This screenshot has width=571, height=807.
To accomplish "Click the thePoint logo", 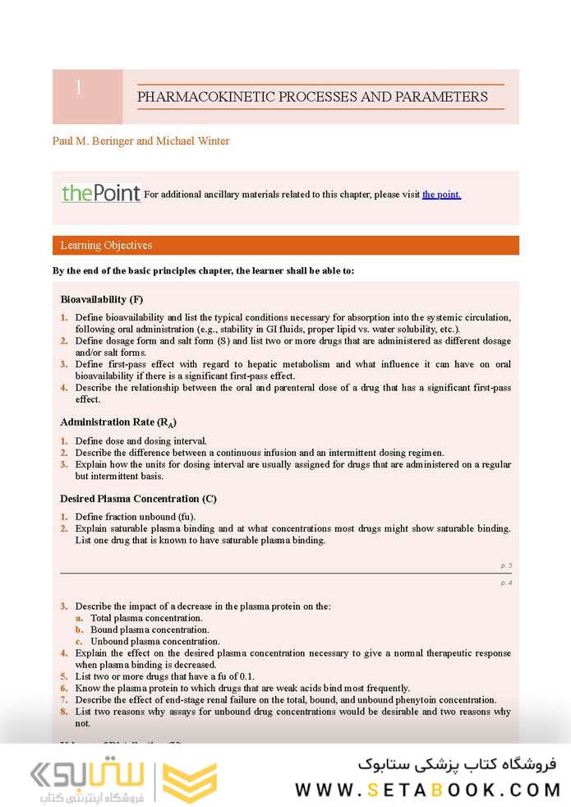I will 101,194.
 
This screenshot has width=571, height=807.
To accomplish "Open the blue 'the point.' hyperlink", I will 441,195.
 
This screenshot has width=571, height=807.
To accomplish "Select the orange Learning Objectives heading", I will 106,246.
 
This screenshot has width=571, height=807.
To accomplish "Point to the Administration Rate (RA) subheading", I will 118,422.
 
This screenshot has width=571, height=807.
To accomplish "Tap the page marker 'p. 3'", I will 506,566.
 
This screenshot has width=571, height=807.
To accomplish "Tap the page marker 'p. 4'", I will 506,583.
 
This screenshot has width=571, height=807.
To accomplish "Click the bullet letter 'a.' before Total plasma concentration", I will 79,618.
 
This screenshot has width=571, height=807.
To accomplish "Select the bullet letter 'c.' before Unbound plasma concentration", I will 79,641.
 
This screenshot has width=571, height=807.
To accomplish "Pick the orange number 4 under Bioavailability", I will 64,388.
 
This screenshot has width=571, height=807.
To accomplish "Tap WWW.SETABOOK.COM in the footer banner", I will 427,790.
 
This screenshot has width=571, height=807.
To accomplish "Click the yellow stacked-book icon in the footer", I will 190,782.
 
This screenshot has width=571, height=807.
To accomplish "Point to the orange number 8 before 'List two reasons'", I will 64,712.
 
